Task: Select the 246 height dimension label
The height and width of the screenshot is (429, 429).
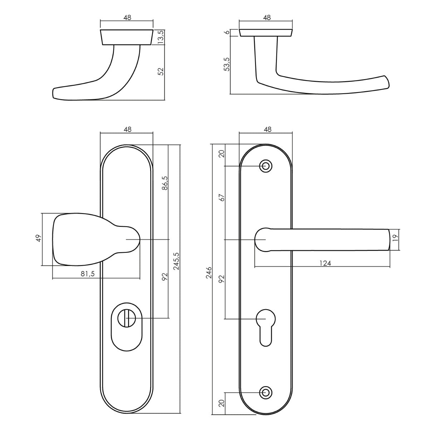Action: click(x=209, y=272)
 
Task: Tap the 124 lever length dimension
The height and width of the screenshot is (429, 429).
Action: click(x=325, y=263)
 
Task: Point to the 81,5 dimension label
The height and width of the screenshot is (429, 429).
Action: click(x=88, y=274)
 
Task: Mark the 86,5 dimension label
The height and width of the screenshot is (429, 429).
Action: click(x=165, y=183)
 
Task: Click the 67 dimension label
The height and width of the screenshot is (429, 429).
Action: click(x=222, y=197)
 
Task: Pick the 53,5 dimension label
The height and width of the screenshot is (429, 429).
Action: click(x=227, y=64)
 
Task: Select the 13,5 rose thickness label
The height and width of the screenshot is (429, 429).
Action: click(x=161, y=37)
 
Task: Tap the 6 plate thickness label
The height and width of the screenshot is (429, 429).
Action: click(x=227, y=32)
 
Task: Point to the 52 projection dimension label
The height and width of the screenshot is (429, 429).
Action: click(x=161, y=72)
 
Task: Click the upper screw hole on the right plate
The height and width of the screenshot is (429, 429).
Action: click(x=266, y=166)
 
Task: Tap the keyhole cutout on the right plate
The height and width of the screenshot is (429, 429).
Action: click(x=266, y=327)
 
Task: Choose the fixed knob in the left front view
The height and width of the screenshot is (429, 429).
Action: click(x=97, y=240)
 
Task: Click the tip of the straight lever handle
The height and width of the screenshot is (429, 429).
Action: click(x=390, y=240)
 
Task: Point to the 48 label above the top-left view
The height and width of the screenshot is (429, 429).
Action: click(x=127, y=18)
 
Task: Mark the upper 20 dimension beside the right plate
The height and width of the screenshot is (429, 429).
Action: click(x=222, y=154)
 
